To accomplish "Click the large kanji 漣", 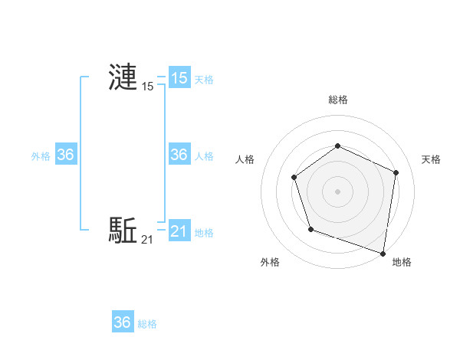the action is click(x=123, y=78).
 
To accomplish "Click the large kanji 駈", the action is click(x=123, y=230).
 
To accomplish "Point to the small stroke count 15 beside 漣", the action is click(x=147, y=87).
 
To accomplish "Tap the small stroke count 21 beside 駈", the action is click(x=147, y=240).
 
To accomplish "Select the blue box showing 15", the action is click(x=179, y=78).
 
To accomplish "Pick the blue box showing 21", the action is click(x=179, y=231).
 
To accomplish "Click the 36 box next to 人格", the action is click(x=179, y=155).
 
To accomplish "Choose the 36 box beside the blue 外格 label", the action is click(x=65, y=155).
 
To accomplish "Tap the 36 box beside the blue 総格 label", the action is click(x=122, y=322).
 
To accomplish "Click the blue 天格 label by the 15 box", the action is click(x=204, y=79).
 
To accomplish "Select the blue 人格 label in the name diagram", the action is click(x=204, y=155).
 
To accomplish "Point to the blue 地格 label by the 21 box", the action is click(x=204, y=232).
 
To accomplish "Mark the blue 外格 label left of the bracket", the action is click(x=41, y=155).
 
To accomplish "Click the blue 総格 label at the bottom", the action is click(x=147, y=324).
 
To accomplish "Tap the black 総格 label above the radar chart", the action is click(x=337, y=100).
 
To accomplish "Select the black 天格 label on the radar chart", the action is click(x=432, y=159).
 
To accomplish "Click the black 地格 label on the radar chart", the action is click(x=402, y=262).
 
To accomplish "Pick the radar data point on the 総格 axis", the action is click(x=337, y=146).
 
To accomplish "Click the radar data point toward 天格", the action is click(x=396, y=172).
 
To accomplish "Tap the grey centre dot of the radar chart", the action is click(x=337, y=191).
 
